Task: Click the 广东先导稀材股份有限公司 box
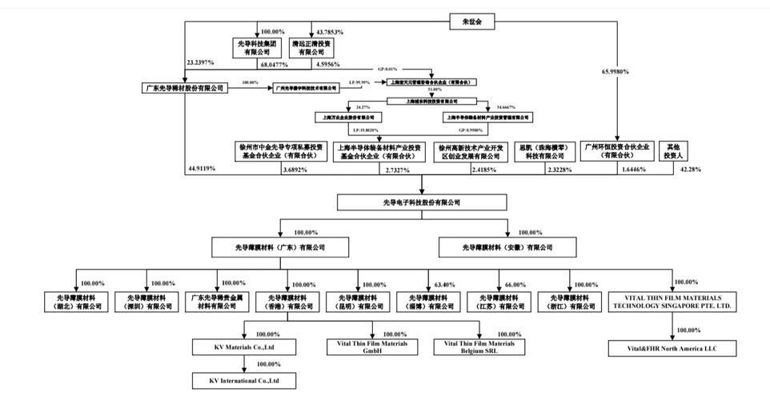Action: click(x=184, y=87)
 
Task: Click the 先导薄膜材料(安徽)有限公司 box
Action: click(x=507, y=247)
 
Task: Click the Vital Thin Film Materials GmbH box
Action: click(x=368, y=347)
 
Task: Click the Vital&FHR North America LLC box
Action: click(x=671, y=349)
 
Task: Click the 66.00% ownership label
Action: click(x=515, y=285)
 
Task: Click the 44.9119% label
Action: click(x=201, y=170)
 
